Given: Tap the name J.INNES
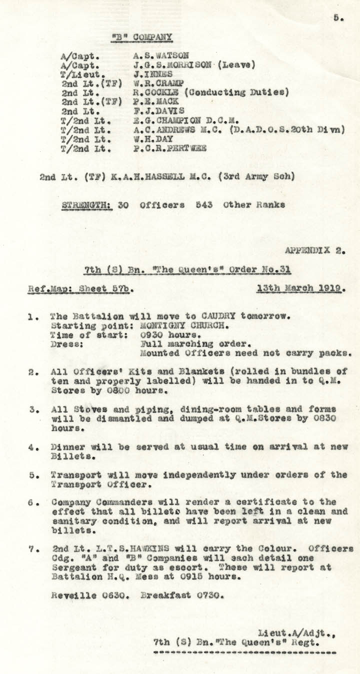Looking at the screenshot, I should (150, 74).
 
